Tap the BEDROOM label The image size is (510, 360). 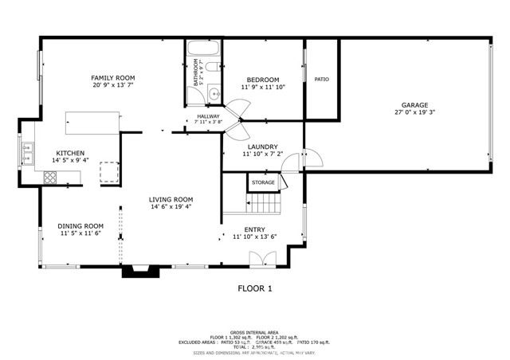pyautogui.click(x=262, y=80)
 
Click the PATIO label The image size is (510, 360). pyautogui.click(x=321, y=79)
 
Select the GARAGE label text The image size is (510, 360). pyautogui.click(x=414, y=105)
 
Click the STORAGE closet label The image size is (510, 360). pyautogui.click(x=263, y=182)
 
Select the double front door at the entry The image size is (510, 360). pyautogui.click(x=262, y=259)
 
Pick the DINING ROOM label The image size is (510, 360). pyautogui.click(x=80, y=225)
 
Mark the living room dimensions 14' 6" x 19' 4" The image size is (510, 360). pyautogui.click(x=171, y=207)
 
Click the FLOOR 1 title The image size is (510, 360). pyautogui.click(x=255, y=288)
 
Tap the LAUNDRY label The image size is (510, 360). pyautogui.click(x=262, y=147)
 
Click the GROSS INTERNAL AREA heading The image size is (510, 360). pyautogui.click(x=254, y=331)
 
